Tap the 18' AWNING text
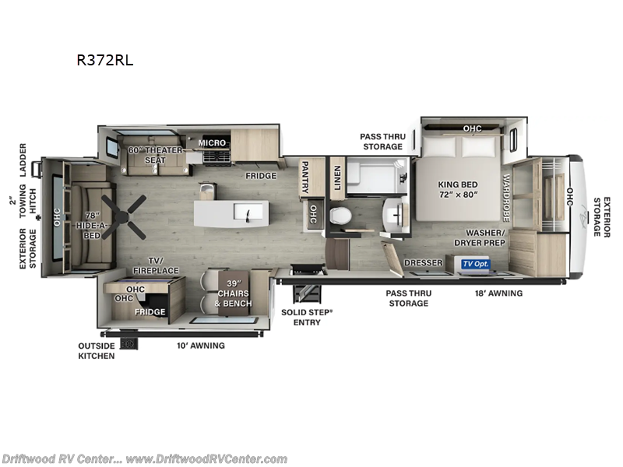[499, 293]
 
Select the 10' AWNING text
[201, 345]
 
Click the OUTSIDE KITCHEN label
[95, 350]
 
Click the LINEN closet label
[338, 177]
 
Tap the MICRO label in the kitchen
[212, 143]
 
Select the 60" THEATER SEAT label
[155, 155]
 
